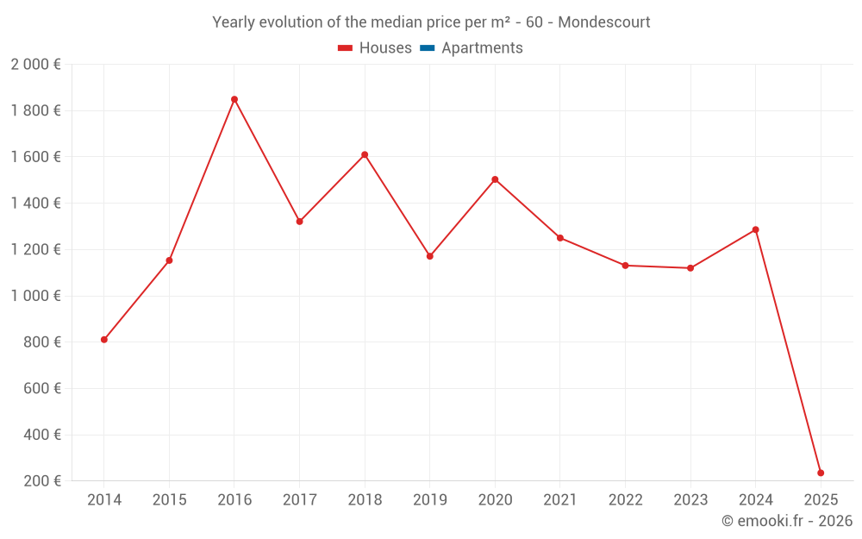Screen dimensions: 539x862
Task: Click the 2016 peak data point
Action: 234,99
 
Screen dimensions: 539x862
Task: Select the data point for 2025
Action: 821,473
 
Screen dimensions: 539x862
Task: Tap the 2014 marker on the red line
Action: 104,340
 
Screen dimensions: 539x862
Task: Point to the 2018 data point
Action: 365,155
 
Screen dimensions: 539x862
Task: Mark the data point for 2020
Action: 495,179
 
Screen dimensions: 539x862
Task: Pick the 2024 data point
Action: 756,229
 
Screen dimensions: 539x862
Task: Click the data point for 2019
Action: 430,256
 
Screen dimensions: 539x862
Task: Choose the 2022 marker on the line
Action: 626,266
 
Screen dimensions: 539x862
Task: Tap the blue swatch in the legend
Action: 427,48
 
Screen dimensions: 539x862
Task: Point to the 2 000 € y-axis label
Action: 35,65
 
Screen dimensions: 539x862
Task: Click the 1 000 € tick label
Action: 35,296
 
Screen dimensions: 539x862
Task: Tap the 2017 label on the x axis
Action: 299,500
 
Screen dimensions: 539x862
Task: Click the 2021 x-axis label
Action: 560,500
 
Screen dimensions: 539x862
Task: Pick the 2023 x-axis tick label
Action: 690,500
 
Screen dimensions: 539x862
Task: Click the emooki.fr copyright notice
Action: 786,521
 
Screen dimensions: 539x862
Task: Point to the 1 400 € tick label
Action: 35,204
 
